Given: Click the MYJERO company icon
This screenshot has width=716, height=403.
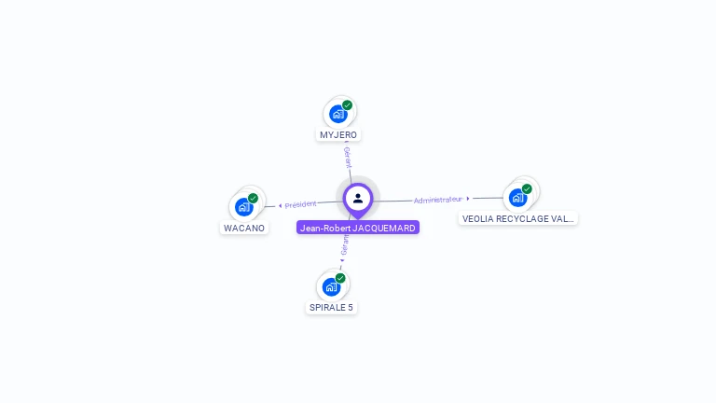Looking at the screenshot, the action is coord(337,114).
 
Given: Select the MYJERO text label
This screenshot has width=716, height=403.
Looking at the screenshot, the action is coord(338,134).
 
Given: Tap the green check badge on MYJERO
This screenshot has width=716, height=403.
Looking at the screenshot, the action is coord(347,105).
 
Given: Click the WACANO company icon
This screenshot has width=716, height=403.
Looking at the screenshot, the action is coord(244,207).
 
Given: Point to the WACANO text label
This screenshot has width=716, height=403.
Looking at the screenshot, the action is coord(244,228).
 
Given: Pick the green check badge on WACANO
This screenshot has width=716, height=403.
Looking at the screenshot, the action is coord(253,199).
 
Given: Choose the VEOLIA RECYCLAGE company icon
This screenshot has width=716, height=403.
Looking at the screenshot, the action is coord(517,198).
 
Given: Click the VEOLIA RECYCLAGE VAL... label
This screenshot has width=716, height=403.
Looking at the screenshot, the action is coord(518,218).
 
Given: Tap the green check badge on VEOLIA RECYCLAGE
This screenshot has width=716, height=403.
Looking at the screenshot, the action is coord(527,189).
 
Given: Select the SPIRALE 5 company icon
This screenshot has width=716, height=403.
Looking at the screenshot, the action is coord(331,286).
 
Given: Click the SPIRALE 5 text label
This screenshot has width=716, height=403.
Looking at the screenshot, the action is coord(332,307).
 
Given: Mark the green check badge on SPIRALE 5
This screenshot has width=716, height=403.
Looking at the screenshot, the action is coord(340,278).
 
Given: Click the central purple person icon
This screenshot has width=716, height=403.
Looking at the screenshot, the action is coord(358,198).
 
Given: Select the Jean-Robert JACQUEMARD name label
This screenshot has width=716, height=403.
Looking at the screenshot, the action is coord(358,228).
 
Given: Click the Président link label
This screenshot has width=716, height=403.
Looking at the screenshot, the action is coord(301,204).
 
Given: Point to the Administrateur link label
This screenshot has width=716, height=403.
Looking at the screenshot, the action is coord(438,200).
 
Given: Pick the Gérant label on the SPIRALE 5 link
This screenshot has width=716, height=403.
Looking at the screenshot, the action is coord(345,244).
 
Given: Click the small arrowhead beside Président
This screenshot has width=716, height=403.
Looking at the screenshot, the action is coord(280,205).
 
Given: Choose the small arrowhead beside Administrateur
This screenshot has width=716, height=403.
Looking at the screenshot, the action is coord(468,198).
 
